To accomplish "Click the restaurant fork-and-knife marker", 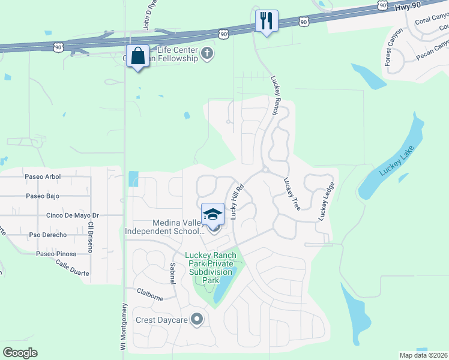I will coord(265,21).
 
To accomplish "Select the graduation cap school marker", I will coord(212,214).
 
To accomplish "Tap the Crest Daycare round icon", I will coord(196,319).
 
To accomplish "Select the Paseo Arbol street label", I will coord(43,176).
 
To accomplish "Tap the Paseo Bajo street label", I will coord(42,196).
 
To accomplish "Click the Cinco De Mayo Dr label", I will coord(72,215).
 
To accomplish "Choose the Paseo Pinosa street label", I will coord(56,254).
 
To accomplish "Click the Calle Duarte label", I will coord(72,268).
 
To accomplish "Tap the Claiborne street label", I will coord(150,294).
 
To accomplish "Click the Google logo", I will coord(20,353).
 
